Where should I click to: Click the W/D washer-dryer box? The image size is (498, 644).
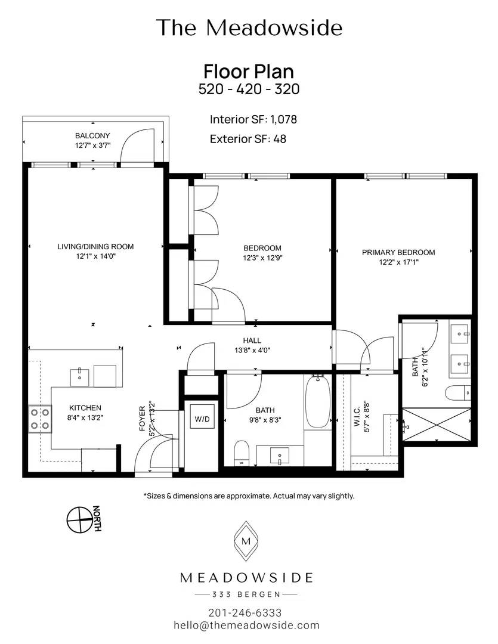click(x=202, y=419)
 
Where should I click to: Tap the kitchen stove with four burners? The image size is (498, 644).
click(x=41, y=419)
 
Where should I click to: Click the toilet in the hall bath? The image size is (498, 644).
click(x=241, y=453)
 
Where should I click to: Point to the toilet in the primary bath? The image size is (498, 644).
click(x=457, y=392)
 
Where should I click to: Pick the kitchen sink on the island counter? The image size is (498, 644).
click(x=79, y=377)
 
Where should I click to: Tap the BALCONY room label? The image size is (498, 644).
click(x=92, y=135)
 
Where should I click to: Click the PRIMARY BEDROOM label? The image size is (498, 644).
click(x=398, y=252)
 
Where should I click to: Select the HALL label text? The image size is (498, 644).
click(x=252, y=340)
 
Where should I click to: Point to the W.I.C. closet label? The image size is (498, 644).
click(x=357, y=416)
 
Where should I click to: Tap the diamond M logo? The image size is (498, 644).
click(x=246, y=541)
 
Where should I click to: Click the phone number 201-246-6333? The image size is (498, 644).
click(x=245, y=613)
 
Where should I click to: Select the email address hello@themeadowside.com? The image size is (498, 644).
click(x=246, y=625)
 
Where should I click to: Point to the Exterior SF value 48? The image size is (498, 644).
click(x=279, y=139)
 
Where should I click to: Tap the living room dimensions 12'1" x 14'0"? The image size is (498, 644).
click(x=96, y=256)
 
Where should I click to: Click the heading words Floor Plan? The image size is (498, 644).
click(x=249, y=72)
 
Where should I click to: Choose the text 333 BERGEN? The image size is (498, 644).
click(x=246, y=594)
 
